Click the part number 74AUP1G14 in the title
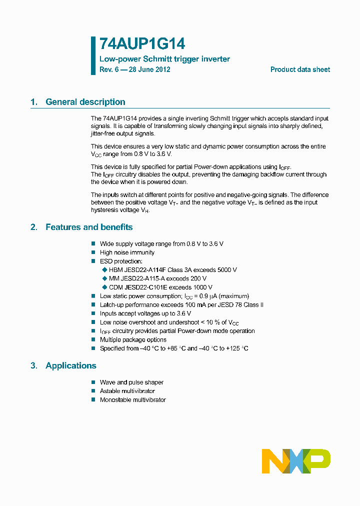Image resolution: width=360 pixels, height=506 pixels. pyautogui.click(x=142, y=44)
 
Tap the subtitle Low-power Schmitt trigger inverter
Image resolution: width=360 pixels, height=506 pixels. pyautogui.click(x=164, y=59)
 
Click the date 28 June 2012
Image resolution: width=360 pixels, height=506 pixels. pyautogui.click(x=149, y=69)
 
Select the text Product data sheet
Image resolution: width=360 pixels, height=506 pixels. pyautogui.click(x=300, y=69)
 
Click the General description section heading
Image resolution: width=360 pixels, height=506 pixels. pyautogui.click(x=85, y=102)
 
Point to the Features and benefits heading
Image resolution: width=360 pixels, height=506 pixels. pyautogui.click(x=89, y=227)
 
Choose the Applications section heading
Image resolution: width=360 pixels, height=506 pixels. pyautogui.click(x=70, y=365)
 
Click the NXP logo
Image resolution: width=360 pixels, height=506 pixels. pyautogui.click(x=296, y=461)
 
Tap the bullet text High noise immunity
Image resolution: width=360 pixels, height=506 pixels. pyautogui.click(x=127, y=252)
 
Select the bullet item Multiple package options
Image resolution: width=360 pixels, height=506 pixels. pyautogui.click(x=133, y=339)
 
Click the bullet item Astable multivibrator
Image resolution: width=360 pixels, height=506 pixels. pyautogui.click(x=127, y=391)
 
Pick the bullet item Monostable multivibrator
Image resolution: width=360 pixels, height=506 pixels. pyautogui.click(x=132, y=400)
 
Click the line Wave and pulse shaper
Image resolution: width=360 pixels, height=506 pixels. pyautogui.click(x=131, y=382)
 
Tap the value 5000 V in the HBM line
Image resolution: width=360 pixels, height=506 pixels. pyautogui.click(x=227, y=270)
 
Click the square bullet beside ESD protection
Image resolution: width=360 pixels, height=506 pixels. pyautogui.click(x=93, y=261)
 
